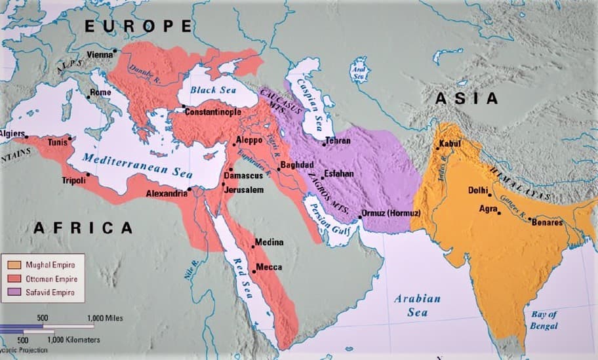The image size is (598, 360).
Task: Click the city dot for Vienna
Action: pyautogui.click(x=115, y=50)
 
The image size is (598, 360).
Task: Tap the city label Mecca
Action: pyautogui.click(x=269, y=267)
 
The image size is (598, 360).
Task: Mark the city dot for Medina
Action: pyautogui.click(x=253, y=247)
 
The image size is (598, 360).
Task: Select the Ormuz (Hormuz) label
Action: pyautogui.click(x=391, y=214)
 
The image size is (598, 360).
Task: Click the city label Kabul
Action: pyautogui.click(x=452, y=143)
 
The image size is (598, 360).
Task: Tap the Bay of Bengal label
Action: pyautogui.click(x=544, y=320)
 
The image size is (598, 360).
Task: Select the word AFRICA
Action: pyautogui.click(x=83, y=228)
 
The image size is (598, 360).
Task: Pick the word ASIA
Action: pyautogui.click(x=467, y=98)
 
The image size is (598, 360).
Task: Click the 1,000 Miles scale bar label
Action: pyautogui.click(x=105, y=318)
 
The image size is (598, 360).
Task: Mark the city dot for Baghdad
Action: pyautogui.click(x=279, y=169)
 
